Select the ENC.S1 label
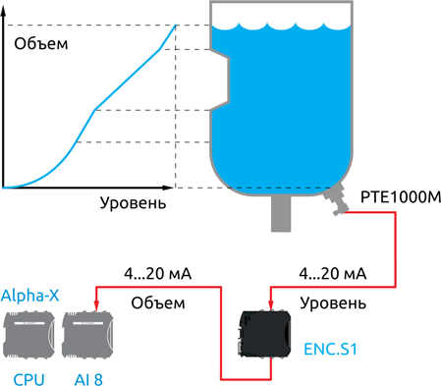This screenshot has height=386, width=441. click(x=330, y=348)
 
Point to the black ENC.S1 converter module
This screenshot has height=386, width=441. click(x=265, y=334)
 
